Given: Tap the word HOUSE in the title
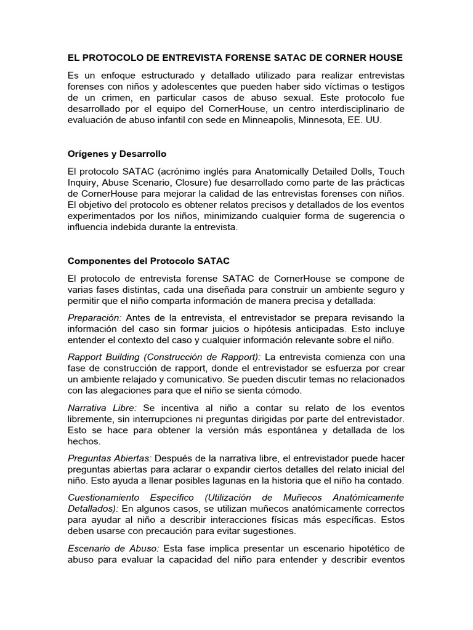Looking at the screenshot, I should (384, 58).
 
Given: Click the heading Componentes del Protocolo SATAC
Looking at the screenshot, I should (148, 261).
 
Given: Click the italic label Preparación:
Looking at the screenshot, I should (95, 317).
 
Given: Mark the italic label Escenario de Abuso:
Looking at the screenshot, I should (114, 548).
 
